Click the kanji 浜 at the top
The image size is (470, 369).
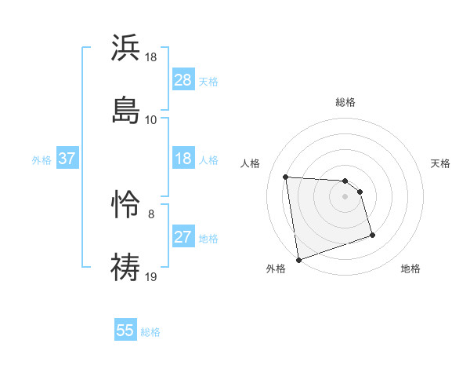pyautogui.click(x=126, y=49)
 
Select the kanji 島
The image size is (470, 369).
pyautogui.click(x=126, y=109)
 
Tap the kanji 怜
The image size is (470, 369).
pyautogui.click(x=126, y=206)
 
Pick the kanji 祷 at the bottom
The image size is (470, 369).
pyautogui.click(x=126, y=266)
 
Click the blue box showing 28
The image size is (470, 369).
pyautogui.click(x=183, y=80)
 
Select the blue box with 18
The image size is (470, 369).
pyautogui.click(x=183, y=159)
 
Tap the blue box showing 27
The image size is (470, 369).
pyautogui.click(x=183, y=237)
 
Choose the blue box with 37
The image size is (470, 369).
pyautogui.click(x=67, y=159)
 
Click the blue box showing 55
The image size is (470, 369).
pyautogui.click(x=125, y=331)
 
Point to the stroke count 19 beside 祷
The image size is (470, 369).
pyautogui.click(x=152, y=276)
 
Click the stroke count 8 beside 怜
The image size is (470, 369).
pyautogui.click(x=151, y=213)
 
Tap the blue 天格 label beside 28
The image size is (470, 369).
pyautogui.click(x=208, y=82)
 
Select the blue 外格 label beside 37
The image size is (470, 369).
pyautogui.click(x=42, y=160)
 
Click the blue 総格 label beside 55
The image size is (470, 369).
pyautogui.click(x=150, y=332)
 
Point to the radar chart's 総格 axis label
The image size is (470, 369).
pyautogui.click(x=345, y=103)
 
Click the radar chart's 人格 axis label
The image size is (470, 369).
pyautogui.click(x=251, y=163)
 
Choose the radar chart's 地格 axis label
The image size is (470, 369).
pyautogui.click(x=410, y=269)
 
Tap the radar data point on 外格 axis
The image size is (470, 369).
pyautogui.click(x=298, y=258)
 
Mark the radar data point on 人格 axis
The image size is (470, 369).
pyautogui.click(x=286, y=176)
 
